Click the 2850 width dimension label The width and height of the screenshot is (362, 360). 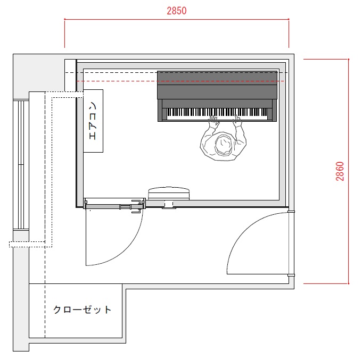coord(177,11)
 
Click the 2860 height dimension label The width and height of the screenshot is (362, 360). coord(340,171)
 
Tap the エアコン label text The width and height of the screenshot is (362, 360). coord(93,121)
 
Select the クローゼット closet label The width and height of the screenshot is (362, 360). coord(83,309)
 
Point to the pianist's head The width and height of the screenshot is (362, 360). coord(223,145)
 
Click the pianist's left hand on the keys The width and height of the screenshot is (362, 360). coord(214,121)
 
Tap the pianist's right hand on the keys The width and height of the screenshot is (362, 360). coord(237,120)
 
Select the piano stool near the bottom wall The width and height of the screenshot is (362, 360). coord(169,193)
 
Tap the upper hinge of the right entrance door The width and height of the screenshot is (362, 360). coord(291,212)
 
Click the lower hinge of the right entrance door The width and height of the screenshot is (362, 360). coord(291,275)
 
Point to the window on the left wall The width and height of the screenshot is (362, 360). coord(21,164)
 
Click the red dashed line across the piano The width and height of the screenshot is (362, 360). coord(180,81)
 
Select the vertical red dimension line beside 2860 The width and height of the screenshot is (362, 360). coord(348,171)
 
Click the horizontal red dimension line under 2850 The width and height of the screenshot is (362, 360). coord(177,19)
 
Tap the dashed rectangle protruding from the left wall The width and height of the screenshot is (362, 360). coord(27,244)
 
